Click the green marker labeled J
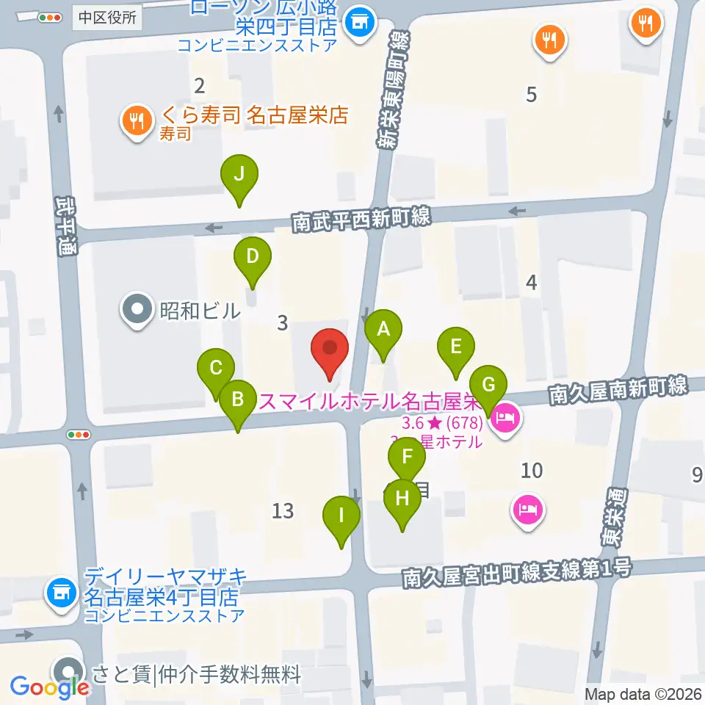coord(238,175)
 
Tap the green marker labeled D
coord(253,257)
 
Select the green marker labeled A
coord(383,330)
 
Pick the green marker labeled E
coord(456,347)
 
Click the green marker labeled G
coord(489,384)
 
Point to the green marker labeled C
coord(216,369)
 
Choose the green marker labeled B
coord(238,400)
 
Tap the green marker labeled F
coord(407,464)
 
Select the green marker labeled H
coord(402,499)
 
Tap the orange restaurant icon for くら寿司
coord(137,120)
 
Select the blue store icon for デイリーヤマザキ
coord(61,591)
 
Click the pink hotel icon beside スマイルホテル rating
coord(506,420)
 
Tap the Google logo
coord(50,687)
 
